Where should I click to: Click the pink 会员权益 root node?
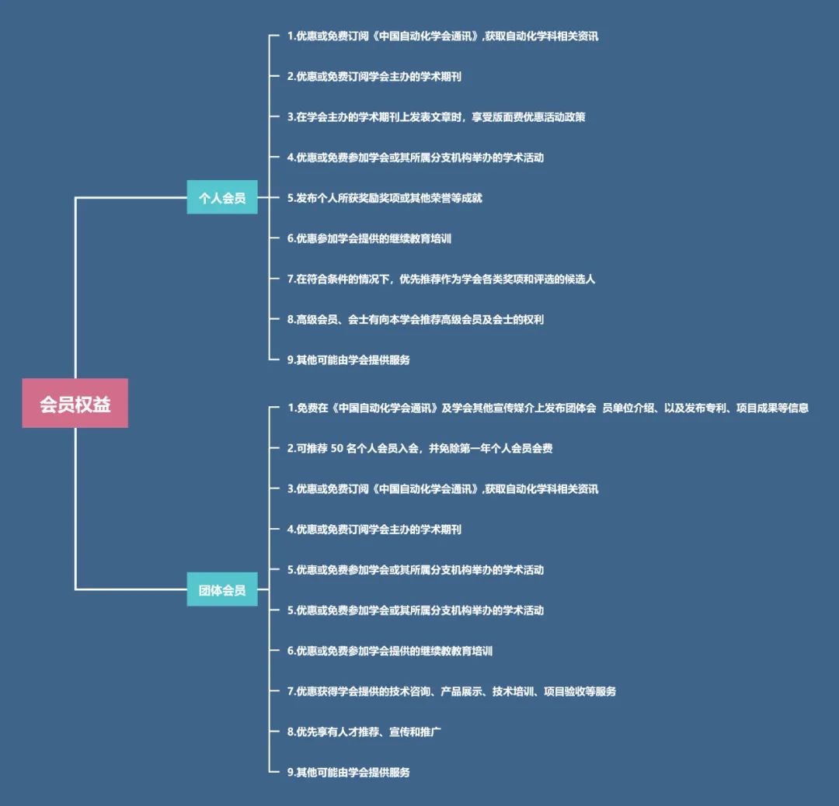[75, 404]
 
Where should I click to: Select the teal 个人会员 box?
[222, 198]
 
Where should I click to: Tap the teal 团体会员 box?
[222, 590]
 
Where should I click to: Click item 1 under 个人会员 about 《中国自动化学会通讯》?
[442, 36]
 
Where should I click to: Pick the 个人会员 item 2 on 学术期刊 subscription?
[374, 76]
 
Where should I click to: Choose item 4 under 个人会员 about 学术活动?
[415, 158]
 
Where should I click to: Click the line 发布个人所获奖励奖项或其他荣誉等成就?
[385, 198]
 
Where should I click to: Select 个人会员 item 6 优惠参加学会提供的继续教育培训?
[369, 238]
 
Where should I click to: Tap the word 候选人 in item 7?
[579, 279]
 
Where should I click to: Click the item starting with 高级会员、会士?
[415, 319]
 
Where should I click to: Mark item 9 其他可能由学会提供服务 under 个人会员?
[348, 360]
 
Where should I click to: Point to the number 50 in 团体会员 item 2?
[337, 448]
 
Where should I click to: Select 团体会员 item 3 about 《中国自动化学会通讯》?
[442, 488]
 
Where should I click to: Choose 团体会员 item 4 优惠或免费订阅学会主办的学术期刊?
[374, 529]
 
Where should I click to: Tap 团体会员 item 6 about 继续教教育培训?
[389, 651]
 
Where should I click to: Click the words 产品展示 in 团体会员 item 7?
[462, 691]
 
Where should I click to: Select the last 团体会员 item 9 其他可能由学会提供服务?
[348, 772]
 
